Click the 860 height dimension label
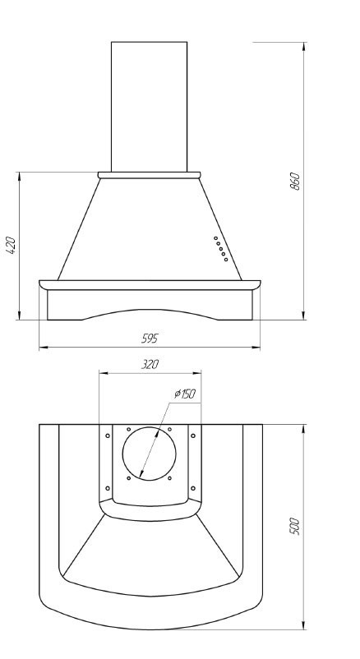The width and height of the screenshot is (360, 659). (x=296, y=181)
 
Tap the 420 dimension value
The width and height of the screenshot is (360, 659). (x=11, y=245)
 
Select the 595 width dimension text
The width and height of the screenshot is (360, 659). (x=150, y=339)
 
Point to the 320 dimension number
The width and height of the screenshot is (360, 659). (x=150, y=364)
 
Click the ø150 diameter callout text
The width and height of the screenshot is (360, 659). (x=185, y=394)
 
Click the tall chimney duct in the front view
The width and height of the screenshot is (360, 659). (x=150, y=107)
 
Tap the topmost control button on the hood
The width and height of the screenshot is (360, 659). (x=215, y=238)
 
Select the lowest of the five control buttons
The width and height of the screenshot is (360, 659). (x=226, y=260)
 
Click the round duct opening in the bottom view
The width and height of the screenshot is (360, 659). (x=150, y=454)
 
